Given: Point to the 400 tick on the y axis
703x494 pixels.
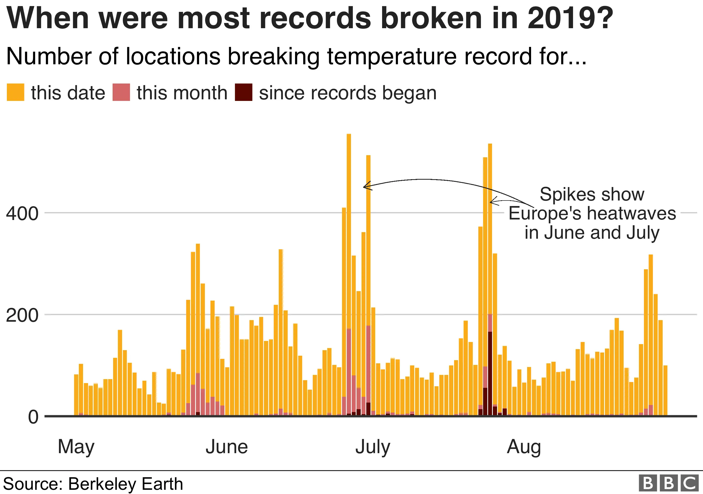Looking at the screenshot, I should pos(22,213).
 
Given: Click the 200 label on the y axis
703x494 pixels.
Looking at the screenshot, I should pos(22,315).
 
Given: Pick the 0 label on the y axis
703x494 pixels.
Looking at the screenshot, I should pos(33,417).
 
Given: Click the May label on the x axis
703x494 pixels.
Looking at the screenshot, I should pos(76,447).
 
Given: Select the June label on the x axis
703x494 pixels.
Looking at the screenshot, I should pos(227,447).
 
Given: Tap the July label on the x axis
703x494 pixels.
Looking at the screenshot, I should pos(373,447).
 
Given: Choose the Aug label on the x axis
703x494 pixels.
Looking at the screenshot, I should pos(524,447).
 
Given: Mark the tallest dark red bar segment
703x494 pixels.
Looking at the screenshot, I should pos(490,373).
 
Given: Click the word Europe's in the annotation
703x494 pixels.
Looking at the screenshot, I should pos(545,213).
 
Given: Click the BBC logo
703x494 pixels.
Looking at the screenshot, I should pos(669,483).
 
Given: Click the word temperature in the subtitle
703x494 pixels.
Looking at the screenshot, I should pos(392,56).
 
